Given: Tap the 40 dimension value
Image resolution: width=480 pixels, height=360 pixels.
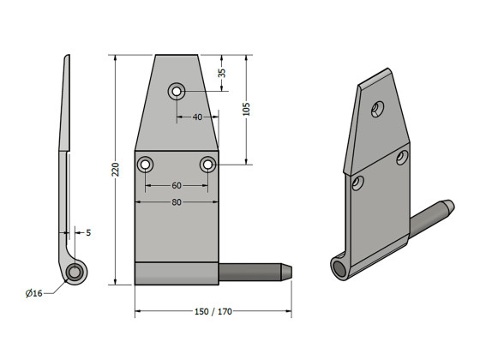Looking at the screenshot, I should click(x=196, y=117).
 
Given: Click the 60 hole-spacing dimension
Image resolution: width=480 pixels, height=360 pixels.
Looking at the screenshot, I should click(x=177, y=185).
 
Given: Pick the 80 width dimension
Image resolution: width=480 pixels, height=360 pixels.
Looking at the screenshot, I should click(x=177, y=203).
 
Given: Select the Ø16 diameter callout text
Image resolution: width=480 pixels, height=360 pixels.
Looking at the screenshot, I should click(x=34, y=294).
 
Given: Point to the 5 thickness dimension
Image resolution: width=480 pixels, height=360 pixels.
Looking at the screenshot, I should click(x=88, y=231).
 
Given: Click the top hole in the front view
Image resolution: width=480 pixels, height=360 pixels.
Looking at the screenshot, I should click(x=177, y=90).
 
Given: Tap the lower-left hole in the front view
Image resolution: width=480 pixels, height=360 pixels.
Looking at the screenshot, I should click(x=146, y=164).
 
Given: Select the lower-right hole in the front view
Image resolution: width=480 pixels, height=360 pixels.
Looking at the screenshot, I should click(x=207, y=164).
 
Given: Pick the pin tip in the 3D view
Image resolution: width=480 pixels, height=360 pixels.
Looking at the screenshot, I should click(x=446, y=208).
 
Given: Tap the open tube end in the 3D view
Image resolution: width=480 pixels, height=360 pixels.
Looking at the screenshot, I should click(x=339, y=268).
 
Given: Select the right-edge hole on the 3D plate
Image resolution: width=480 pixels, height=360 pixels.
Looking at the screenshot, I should click(x=402, y=156).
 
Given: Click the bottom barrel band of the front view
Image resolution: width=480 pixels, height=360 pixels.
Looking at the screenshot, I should click(x=177, y=273).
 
